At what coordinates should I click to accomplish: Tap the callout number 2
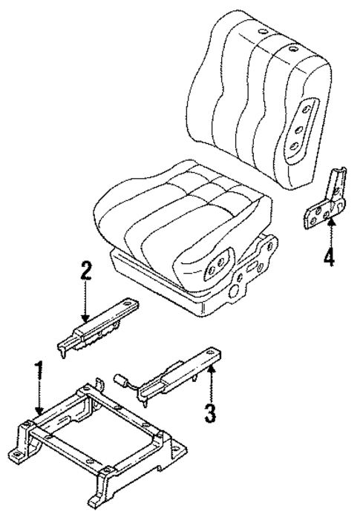(86, 271)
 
